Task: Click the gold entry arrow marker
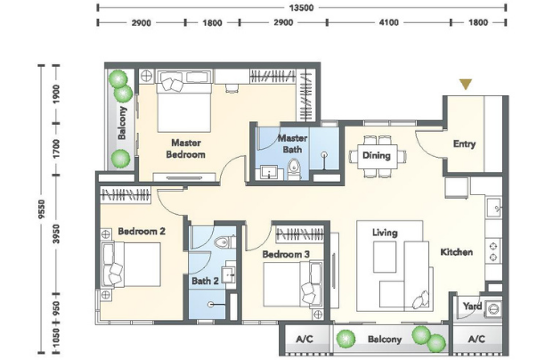466,84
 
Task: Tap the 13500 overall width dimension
301,8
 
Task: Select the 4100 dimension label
388,22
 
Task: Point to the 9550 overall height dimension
42,209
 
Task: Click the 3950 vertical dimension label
56,233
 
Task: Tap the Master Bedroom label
185,149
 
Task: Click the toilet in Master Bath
294,169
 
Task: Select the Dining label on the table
377,155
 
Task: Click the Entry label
464,144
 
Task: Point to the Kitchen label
456,252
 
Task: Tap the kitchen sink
493,208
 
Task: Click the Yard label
472,306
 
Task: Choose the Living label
385,233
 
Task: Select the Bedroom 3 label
286,254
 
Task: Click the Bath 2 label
205,281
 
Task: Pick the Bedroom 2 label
142,231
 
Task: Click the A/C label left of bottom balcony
305,339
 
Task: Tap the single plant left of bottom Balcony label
346,338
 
